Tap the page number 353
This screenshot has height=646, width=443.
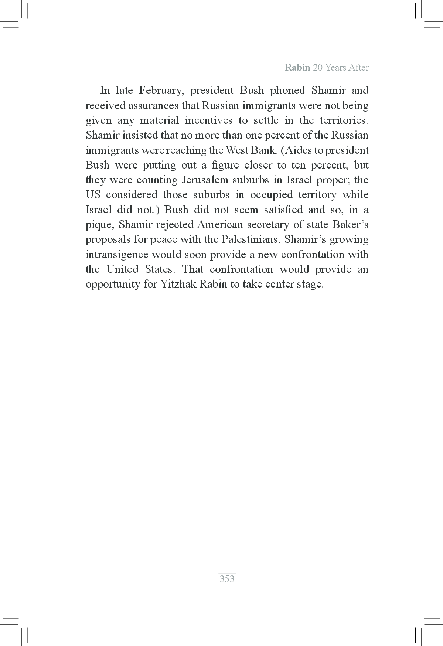click(227, 579)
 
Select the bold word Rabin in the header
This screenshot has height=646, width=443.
click(297, 68)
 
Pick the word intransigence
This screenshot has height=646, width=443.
click(117, 255)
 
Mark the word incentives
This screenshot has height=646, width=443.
click(208, 120)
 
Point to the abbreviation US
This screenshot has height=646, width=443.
click(93, 195)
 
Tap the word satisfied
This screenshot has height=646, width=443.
click(283, 210)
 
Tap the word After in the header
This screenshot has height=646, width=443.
click(358, 68)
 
